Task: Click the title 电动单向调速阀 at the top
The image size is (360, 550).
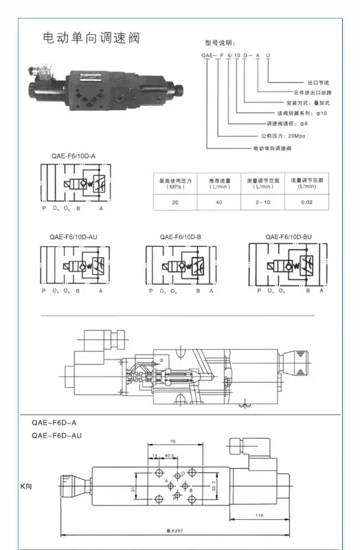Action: point(91,37)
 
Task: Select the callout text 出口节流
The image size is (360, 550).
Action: point(319,81)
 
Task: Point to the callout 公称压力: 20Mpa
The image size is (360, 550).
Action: point(285,136)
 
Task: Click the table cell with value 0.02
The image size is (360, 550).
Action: point(306,202)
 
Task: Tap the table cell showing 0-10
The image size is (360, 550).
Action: point(262,202)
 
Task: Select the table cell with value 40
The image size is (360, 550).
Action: point(219,202)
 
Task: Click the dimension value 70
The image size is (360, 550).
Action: point(172,441)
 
